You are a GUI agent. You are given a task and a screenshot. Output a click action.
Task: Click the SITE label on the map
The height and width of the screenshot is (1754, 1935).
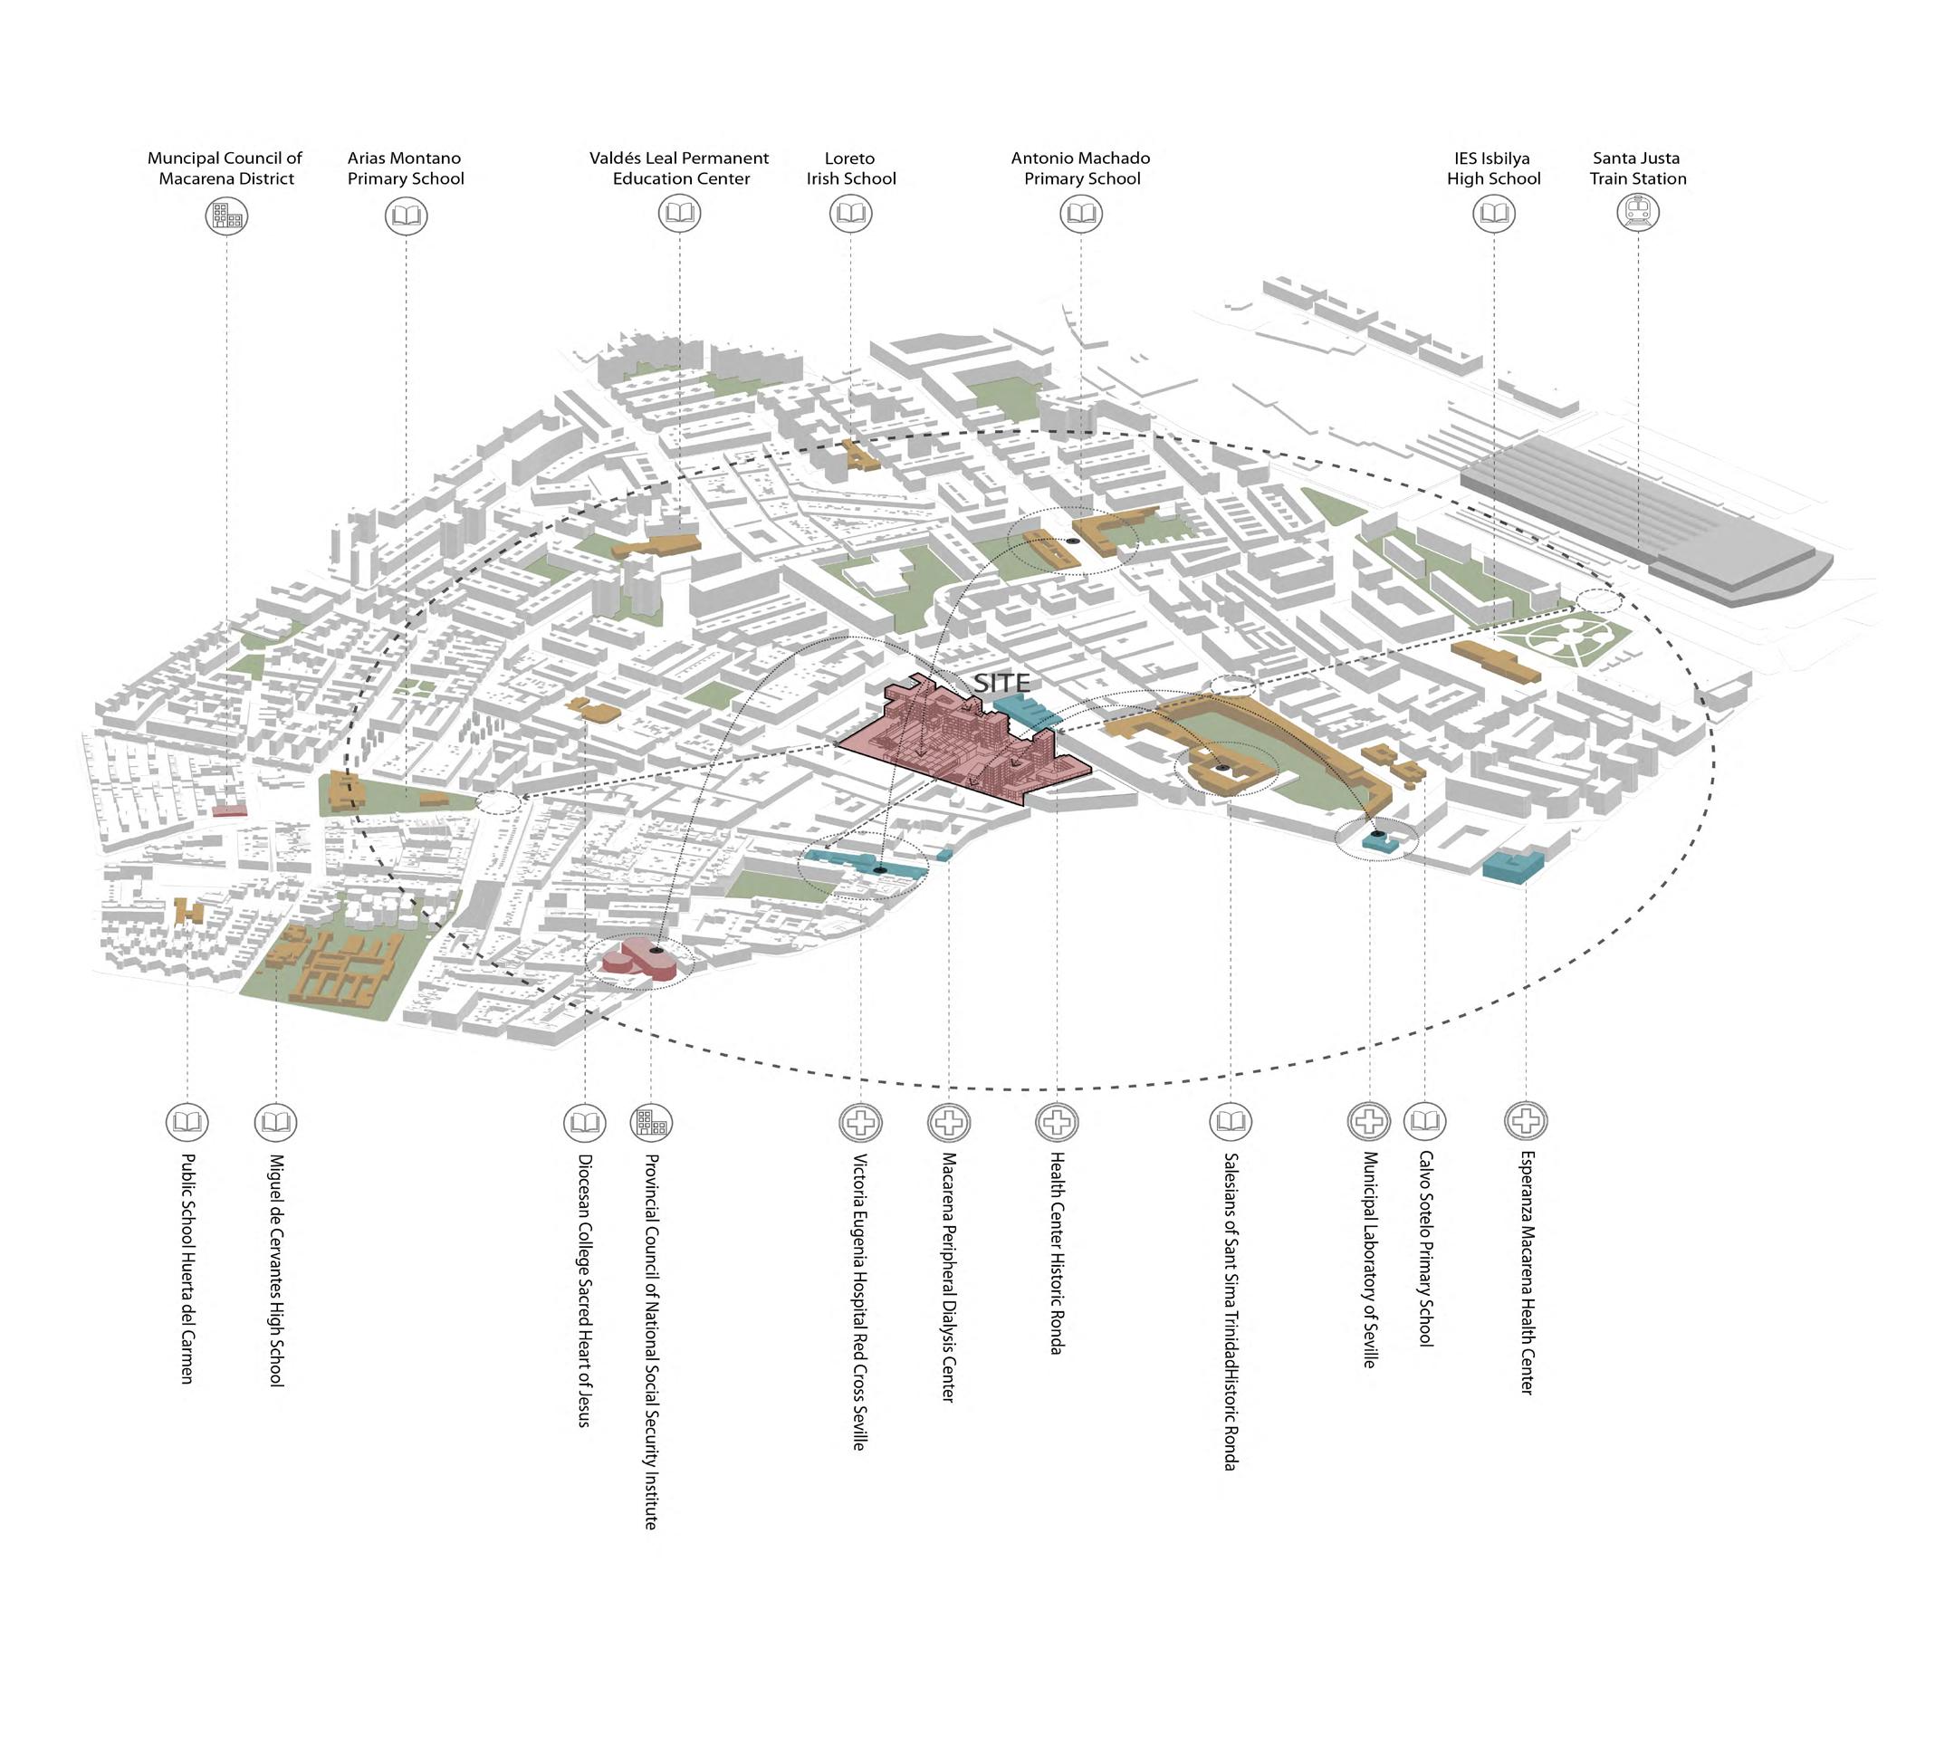[x=1002, y=683]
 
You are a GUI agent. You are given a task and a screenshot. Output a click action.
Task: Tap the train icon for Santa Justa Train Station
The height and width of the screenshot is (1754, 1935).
[x=1637, y=212]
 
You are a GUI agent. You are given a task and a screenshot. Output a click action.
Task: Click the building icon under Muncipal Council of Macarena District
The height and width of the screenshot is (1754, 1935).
[x=226, y=216]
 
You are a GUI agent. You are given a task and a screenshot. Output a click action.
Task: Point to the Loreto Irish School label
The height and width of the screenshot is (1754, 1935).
[x=850, y=168]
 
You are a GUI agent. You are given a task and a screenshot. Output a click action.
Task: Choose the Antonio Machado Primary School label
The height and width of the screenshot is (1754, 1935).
[x=1081, y=168]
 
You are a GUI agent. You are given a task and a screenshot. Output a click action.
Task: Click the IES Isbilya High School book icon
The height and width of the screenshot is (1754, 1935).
[x=1493, y=213]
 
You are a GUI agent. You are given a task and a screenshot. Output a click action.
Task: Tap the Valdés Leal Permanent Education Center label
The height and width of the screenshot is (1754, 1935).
[x=679, y=168]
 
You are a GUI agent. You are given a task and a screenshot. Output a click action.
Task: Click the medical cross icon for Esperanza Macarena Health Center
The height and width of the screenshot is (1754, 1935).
[x=1525, y=1119]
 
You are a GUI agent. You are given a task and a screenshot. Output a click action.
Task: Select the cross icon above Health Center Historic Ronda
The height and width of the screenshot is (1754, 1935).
[x=1057, y=1120]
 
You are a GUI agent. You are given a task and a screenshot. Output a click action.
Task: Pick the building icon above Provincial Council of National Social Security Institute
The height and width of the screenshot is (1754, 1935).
[x=651, y=1120]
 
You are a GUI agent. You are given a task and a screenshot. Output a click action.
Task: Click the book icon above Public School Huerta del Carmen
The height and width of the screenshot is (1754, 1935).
[x=187, y=1120]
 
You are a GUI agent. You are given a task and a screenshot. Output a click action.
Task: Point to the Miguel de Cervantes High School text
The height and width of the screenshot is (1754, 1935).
[x=276, y=1270]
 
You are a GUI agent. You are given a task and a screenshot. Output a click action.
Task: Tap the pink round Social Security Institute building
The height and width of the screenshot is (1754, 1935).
[x=642, y=961]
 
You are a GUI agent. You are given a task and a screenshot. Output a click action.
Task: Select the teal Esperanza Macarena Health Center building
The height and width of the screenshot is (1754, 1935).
[x=1513, y=865]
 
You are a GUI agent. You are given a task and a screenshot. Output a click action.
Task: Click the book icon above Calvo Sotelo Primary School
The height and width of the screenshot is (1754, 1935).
[x=1424, y=1119]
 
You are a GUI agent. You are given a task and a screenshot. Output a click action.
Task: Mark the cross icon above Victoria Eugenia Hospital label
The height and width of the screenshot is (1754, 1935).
[x=861, y=1120]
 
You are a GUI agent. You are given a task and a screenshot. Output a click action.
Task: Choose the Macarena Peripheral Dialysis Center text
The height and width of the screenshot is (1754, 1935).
[x=948, y=1277]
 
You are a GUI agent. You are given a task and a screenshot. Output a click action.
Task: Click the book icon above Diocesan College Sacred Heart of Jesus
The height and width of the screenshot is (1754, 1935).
[x=585, y=1120]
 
